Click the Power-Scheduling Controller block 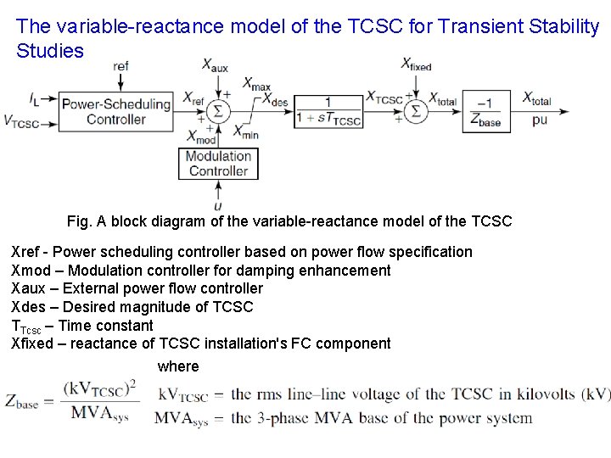point(115,112)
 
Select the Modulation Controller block point(218,164)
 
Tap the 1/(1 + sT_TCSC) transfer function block point(328,111)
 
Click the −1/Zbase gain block point(485,111)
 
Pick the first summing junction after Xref point(220,110)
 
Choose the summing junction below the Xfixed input point(416,110)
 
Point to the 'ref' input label point(121,65)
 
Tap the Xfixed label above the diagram point(416,64)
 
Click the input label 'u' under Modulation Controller point(219,205)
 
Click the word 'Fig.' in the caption point(79,221)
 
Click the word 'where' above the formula point(178,366)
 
